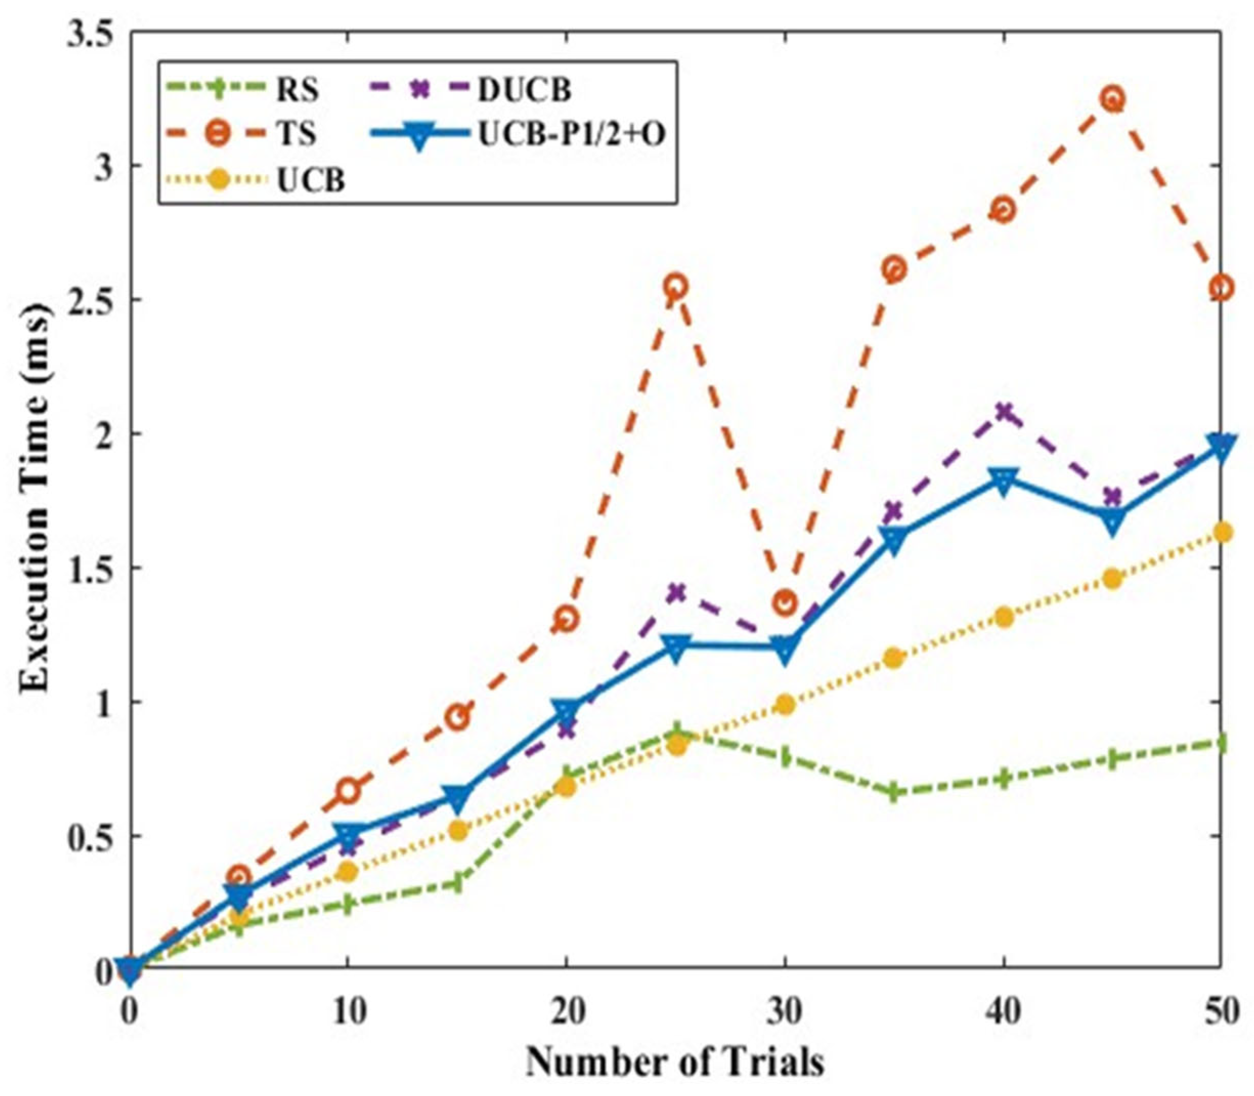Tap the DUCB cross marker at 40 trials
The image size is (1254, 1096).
[1003, 411]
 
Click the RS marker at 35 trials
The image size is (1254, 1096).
[894, 793]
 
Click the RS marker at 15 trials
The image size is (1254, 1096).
[457, 883]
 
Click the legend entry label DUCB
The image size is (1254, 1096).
[524, 91]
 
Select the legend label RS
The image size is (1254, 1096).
[298, 91]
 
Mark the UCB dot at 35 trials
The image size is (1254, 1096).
[894, 658]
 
